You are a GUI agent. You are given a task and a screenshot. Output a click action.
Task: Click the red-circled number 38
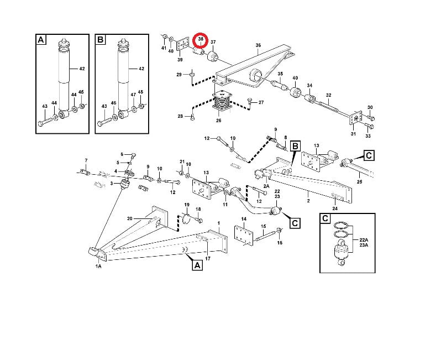point(201,40)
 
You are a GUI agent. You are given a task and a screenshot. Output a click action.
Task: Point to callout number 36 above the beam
point(258,45)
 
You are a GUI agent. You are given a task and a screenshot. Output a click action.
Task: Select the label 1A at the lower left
point(98,267)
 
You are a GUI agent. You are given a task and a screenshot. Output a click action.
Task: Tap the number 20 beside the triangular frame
point(130,218)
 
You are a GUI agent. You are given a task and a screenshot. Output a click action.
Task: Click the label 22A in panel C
point(363,239)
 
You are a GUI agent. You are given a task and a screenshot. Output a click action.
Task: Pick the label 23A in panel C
point(363,246)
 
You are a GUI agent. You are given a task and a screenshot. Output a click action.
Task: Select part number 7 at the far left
point(86,160)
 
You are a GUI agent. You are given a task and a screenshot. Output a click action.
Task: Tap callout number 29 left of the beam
point(179,74)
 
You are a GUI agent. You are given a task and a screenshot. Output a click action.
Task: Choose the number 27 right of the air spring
point(261,102)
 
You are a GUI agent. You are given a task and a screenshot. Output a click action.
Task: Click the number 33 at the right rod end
point(368,135)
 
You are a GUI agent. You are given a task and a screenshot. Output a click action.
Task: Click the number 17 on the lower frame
point(208,258)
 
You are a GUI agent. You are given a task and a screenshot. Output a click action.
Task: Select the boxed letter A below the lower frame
point(197,265)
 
